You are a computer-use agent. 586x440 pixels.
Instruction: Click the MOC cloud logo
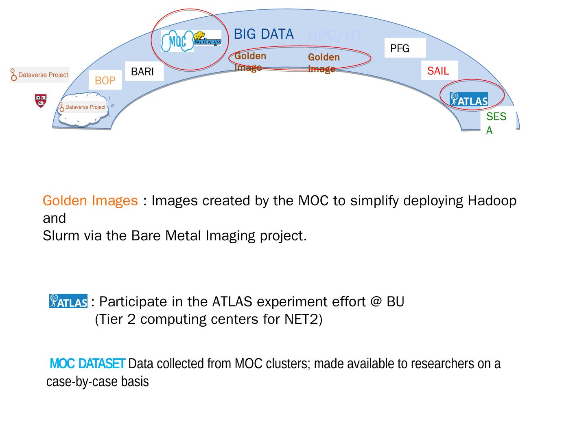point(177,41)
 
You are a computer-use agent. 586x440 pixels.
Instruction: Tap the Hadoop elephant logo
point(208,39)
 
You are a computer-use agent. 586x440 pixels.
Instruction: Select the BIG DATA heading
point(264,34)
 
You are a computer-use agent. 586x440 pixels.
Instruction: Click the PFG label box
point(405,48)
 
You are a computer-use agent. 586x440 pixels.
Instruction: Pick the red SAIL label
point(439,71)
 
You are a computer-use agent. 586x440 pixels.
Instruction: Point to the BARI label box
point(144,72)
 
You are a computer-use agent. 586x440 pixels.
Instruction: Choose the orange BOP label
point(105,81)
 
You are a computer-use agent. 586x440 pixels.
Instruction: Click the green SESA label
point(496,123)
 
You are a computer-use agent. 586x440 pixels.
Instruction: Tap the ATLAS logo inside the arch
point(469,99)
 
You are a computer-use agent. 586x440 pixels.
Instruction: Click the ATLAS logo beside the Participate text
point(68,301)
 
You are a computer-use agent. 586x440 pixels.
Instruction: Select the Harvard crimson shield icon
point(41,100)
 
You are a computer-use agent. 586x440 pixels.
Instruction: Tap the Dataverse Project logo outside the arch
point(40,75)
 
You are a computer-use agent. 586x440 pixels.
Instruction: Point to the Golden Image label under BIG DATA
point(250,62)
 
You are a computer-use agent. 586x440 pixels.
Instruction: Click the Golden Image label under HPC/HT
point(324,63)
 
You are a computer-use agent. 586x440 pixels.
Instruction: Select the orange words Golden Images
point(90,201)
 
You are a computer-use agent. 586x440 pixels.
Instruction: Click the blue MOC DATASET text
point(87,363)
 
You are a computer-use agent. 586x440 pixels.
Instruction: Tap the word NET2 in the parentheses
point(301,319)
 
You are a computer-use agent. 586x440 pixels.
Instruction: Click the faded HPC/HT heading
point(335,36)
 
